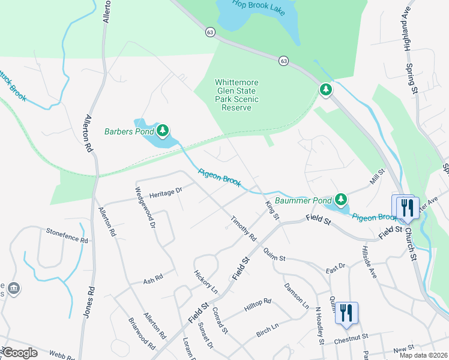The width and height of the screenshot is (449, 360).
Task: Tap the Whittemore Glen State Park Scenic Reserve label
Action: [237, 95]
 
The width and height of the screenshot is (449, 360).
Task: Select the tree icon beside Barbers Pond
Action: [162, 130]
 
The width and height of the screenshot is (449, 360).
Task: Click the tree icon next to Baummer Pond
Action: [341, 199]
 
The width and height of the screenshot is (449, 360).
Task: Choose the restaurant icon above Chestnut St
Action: [346, 313]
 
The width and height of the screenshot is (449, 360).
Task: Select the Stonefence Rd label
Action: [67, 238]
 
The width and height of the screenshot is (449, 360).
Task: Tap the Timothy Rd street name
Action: [244, 230]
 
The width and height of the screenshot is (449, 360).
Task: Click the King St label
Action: [272, 211]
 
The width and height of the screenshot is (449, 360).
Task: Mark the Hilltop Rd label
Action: [258, 305]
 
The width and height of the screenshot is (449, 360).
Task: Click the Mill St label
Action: [376, 177]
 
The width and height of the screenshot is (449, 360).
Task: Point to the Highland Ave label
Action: [407, 31]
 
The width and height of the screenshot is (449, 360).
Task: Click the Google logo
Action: [20, 353]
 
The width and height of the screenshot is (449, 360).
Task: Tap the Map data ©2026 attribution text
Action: [423, 355]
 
